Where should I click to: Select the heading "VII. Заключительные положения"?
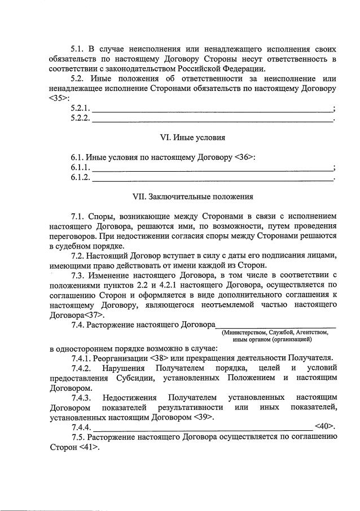(x=192, y=197)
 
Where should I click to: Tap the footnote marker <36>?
(x=245, y=158)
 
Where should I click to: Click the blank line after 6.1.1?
(x=212, y=168)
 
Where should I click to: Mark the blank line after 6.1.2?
(x=212, y=178)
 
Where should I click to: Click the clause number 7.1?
(x=78, y=216)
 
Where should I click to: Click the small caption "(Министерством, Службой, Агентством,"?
(x=275, y=333)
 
